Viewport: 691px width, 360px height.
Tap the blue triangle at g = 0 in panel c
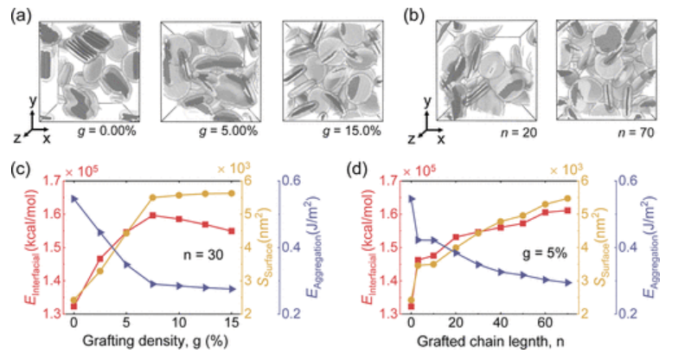tap(74, 198)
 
